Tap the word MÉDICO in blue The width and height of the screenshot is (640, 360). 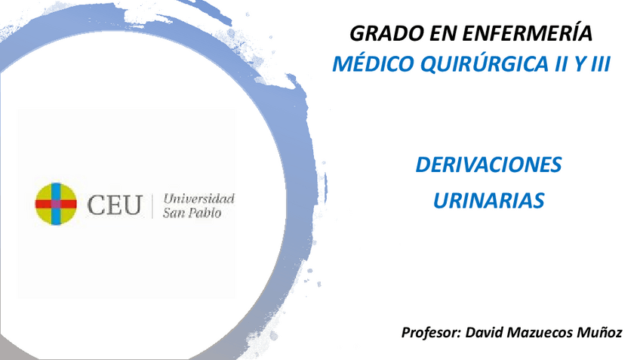tap(368, 64)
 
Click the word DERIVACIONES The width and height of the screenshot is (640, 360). tap(488, 165)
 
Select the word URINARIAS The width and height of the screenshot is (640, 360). tap(488, 200)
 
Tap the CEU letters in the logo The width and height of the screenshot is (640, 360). tap(115, 205)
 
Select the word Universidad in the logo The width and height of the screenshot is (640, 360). tap(199, 198)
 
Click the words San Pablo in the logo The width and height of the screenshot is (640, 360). tap(192, 213)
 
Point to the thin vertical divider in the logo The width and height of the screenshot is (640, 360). tap(154, 205)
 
